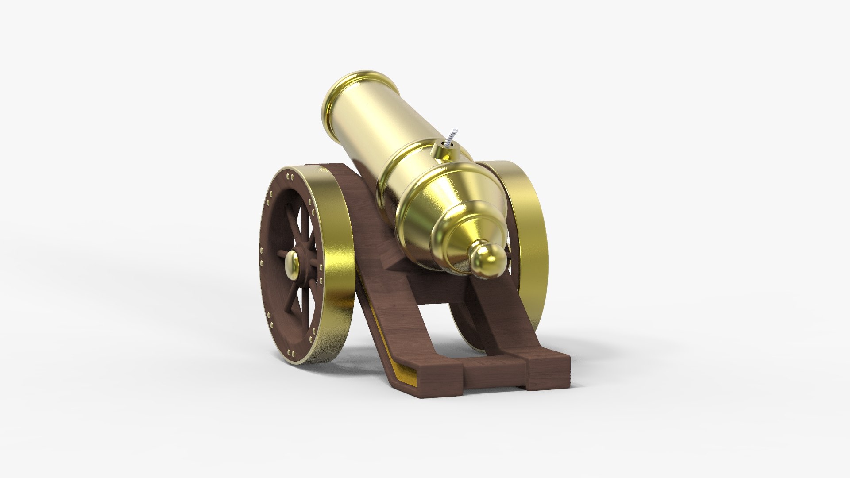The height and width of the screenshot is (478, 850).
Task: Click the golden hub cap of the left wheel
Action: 292,264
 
